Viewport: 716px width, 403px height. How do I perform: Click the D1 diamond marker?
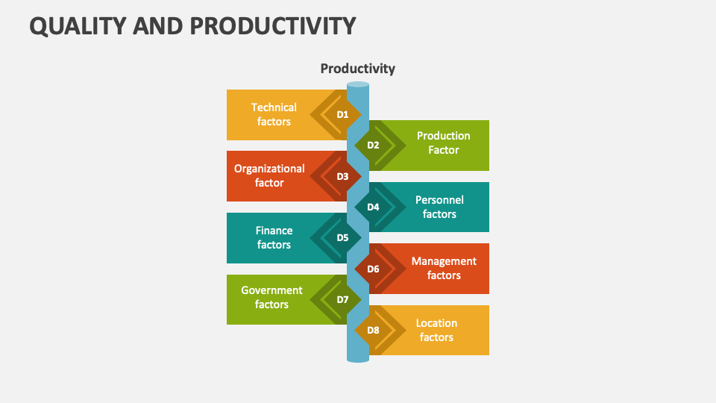coord(342,115)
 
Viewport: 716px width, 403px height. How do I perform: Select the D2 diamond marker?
coord(373,146)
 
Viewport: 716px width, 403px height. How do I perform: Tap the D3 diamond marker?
coord(342,177)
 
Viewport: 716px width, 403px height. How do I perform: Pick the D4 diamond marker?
coord(373,207)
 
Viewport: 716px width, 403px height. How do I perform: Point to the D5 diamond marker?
coord(342,238)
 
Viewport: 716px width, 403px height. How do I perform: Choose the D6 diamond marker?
coord(373,269)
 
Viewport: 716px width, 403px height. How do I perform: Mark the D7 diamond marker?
coord(342,300)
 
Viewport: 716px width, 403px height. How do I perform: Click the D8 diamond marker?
coord(373,331)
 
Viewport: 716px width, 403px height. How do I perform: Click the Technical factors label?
coord(274,114)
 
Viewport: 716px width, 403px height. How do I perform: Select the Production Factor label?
coord(443,143)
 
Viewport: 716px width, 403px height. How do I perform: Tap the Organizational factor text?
coord(269,175)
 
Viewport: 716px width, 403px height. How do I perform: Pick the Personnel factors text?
coord(439,207)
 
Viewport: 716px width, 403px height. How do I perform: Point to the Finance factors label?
coord(274,237)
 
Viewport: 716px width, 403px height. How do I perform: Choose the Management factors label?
coord(444,268)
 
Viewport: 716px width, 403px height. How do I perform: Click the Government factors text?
coord(271,297)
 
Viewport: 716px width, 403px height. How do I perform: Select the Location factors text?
coord(436,330)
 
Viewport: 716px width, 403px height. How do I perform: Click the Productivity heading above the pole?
coord(357,69)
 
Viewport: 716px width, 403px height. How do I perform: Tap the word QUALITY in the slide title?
coord(79,26)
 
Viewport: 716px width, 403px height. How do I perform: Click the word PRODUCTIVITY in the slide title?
coord(273,26)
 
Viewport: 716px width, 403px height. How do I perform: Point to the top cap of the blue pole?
coord(358,85)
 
